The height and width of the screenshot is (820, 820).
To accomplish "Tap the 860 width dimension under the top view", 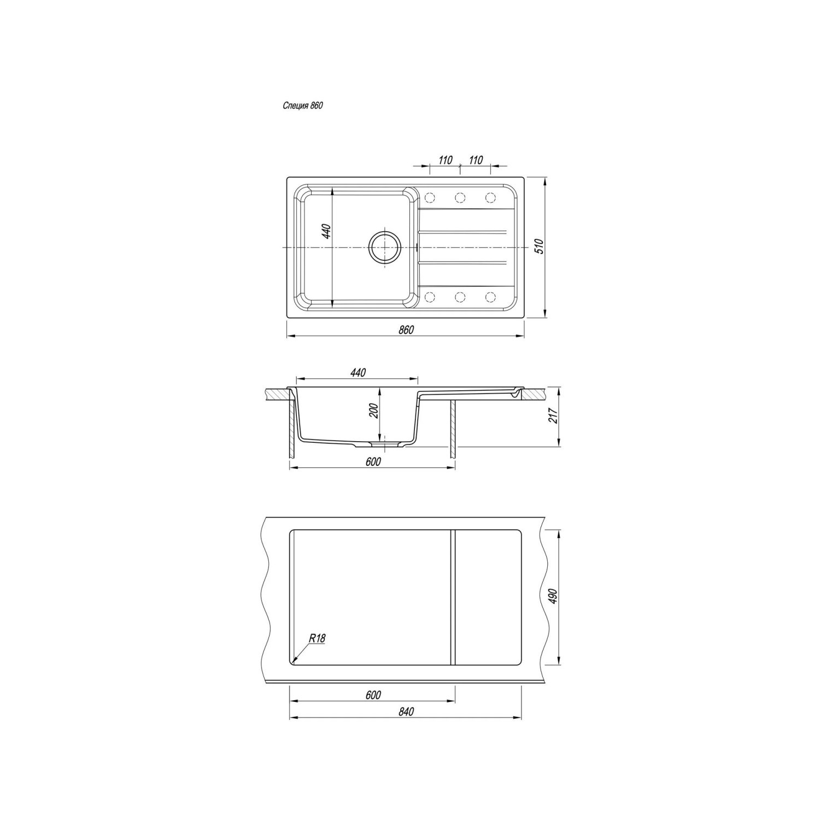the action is (x=406, y=330).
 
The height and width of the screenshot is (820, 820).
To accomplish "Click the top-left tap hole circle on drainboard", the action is (x=430, y=197).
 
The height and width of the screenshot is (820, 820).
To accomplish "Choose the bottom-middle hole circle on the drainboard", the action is (x=460, y=297).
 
